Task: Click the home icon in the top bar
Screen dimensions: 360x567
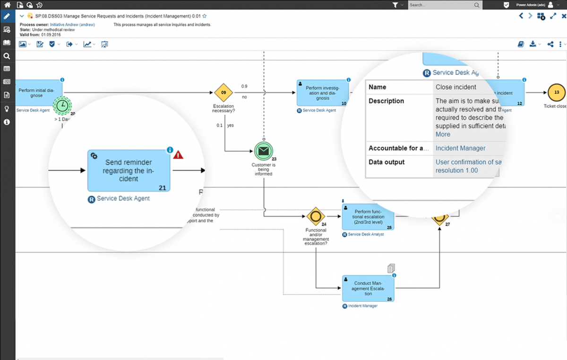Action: click(7, 5)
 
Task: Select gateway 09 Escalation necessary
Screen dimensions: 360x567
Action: click(224, 93)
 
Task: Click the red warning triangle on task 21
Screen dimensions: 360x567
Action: click(178, 154)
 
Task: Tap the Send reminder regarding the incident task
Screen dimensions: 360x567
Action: click(129, 171)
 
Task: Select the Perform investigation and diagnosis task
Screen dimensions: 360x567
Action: click(323, 93)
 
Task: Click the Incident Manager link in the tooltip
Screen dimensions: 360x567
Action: click(460, 148)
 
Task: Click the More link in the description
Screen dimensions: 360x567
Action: click(443, 134)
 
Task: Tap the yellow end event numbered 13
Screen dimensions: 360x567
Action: click(557, 93)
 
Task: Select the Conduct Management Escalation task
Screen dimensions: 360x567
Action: click(368, 288)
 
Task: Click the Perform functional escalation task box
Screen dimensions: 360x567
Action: click(368, 217)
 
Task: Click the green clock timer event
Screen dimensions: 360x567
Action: click(62, 105)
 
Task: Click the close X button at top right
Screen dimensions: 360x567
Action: click(563, 16)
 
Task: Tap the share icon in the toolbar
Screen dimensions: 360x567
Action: click(550, 44)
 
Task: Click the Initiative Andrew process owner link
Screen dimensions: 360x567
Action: click(72, 25)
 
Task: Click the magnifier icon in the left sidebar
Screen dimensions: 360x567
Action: click(7, 56)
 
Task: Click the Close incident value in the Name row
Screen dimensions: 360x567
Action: click(455, 87)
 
